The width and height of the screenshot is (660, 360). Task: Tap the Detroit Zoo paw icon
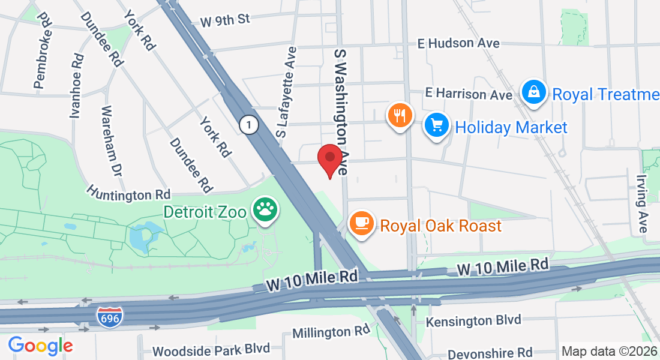(265, 210)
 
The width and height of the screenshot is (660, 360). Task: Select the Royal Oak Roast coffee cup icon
(361, 223)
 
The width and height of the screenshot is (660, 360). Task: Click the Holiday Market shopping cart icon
(437, 125)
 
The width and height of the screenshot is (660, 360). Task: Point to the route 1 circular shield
(248, 125)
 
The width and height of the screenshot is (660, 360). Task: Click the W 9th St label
(225, 20)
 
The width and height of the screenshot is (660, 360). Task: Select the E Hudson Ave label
(459, 43)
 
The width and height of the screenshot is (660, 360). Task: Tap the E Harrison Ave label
(469, 94)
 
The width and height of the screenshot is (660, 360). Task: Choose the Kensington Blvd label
(473, 321)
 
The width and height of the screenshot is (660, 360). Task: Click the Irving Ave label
(641, 205)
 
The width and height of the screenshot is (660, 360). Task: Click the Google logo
(40, 346)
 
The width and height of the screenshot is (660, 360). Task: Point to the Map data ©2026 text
(610, 351)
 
